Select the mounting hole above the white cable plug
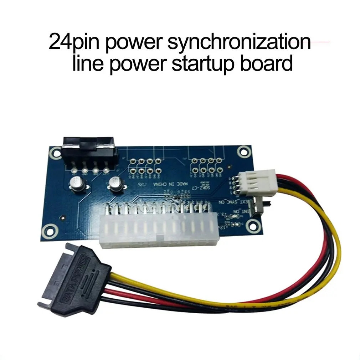[243, 152]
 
